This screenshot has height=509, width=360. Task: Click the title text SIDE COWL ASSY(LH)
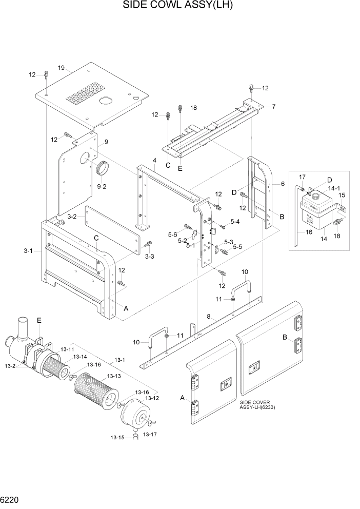point(181,6)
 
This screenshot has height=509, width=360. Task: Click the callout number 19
point(61,68)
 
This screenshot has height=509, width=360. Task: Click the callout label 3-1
point(29,251)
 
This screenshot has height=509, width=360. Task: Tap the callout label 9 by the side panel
point(106,142)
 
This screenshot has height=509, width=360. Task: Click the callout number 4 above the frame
point(154,161)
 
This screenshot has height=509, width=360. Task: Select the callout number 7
point(274,107)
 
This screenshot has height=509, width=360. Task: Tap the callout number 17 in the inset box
point(302,177)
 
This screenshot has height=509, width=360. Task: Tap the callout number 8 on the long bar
point(209,317)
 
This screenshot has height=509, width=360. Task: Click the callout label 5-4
point(235,222)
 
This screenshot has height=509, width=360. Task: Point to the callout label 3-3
point(149,256)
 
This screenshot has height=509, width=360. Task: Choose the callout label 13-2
point(11,365)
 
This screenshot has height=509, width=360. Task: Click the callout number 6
point(282,184)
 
